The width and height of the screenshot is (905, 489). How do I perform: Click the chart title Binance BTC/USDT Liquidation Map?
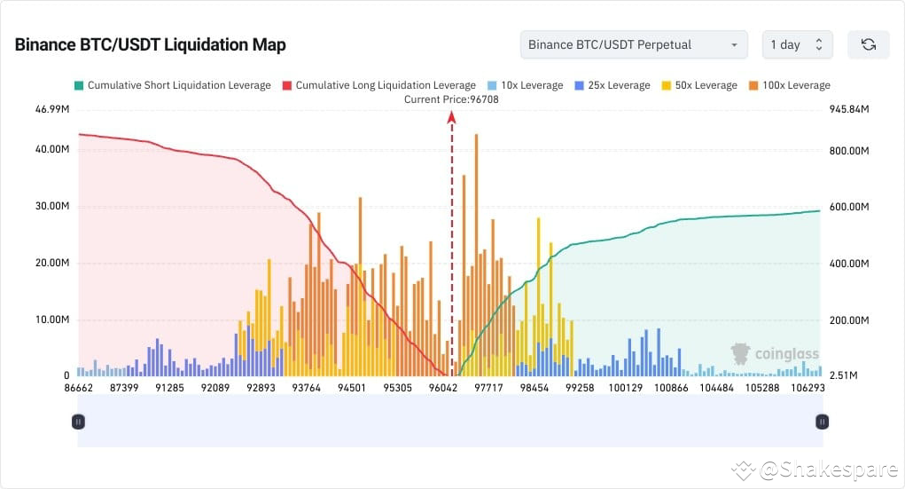tap(150, 45)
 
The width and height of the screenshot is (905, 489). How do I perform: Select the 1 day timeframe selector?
tap(797, 44)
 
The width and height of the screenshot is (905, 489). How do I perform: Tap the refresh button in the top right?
tap(868, 44)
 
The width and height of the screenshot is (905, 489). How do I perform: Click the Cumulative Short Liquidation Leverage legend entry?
tap(172, 85)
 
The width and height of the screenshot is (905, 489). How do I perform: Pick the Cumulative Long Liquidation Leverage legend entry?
tap(378, 85)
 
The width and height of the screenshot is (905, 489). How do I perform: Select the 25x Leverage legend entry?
tap(612, 85)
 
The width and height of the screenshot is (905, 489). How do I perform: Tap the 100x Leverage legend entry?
tap(789, 85)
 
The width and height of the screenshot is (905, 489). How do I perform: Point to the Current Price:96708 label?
tap(451, 99)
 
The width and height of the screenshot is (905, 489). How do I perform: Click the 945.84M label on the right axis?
tap(849, 109)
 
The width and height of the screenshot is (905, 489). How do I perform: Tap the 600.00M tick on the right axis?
tap(849, 207)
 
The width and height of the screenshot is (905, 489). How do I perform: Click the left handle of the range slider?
tap(78, 422)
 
